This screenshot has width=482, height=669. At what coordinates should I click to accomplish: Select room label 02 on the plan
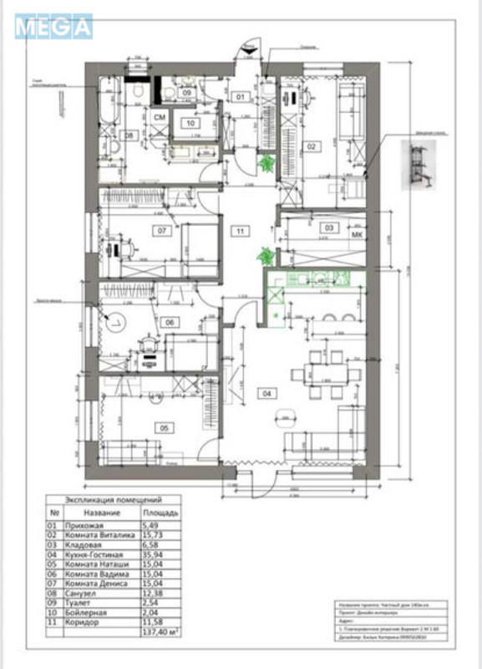pos(311,147)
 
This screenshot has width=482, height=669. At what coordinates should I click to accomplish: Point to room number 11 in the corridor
pos(241,230)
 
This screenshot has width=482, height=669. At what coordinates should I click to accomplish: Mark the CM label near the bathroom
pos(159,118)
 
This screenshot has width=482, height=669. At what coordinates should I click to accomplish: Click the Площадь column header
pos(158,512)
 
